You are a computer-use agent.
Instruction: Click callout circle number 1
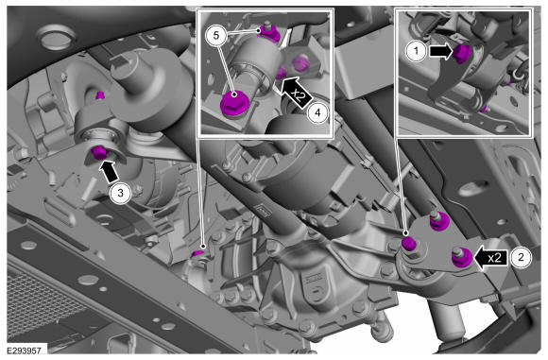[416, 51]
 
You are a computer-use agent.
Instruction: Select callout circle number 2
[521, 258]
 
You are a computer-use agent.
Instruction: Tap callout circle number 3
[120, 193]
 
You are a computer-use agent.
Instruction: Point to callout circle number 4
[317, 112]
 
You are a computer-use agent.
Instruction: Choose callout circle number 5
[216, 35]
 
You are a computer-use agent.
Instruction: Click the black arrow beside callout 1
[441, 51]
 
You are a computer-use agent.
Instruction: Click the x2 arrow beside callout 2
[489, 258]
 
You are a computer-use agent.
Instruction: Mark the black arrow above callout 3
[109, 171]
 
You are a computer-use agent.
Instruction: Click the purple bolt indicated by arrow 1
[462, 54]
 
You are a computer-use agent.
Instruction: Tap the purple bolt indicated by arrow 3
[98, 153]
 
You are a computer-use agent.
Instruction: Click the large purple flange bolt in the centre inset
[234, 102]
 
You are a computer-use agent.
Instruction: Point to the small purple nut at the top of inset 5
[269, 33]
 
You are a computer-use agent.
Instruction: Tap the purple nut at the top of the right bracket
[438, 221]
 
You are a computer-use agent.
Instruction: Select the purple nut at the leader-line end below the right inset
[409, 243]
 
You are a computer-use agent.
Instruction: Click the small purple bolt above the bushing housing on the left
[100, 94]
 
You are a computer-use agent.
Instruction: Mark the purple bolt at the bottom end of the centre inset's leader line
[198, 253]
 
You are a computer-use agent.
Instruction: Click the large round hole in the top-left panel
[56, 38]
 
